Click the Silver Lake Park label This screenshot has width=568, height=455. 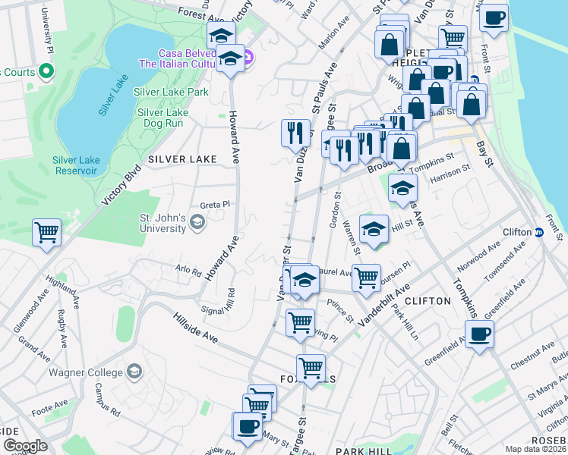(x=172, y=92)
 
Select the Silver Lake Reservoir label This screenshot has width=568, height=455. (x=75, y=165)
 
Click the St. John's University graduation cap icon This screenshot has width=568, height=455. (x=197, y=221)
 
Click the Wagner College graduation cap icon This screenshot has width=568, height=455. (x=134, y=371)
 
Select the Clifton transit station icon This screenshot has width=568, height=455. (x=538, y=232)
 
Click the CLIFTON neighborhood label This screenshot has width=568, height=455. (x=428, y=301)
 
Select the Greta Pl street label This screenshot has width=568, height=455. (x=214, y=205)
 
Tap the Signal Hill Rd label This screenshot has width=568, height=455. (x=219, y=302)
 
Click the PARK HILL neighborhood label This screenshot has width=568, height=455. (x=364, y=450)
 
